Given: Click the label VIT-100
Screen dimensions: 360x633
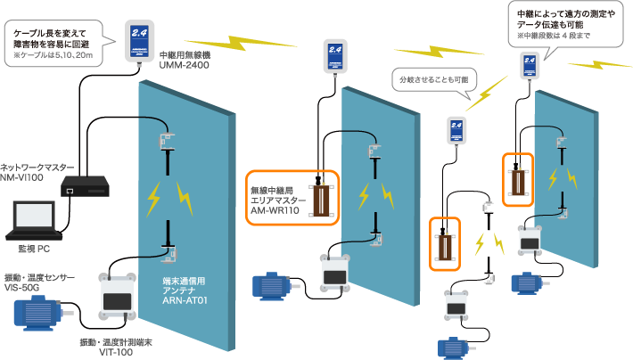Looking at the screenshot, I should (117, 352).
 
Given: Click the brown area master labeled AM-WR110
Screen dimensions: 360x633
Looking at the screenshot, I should (318, 199).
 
